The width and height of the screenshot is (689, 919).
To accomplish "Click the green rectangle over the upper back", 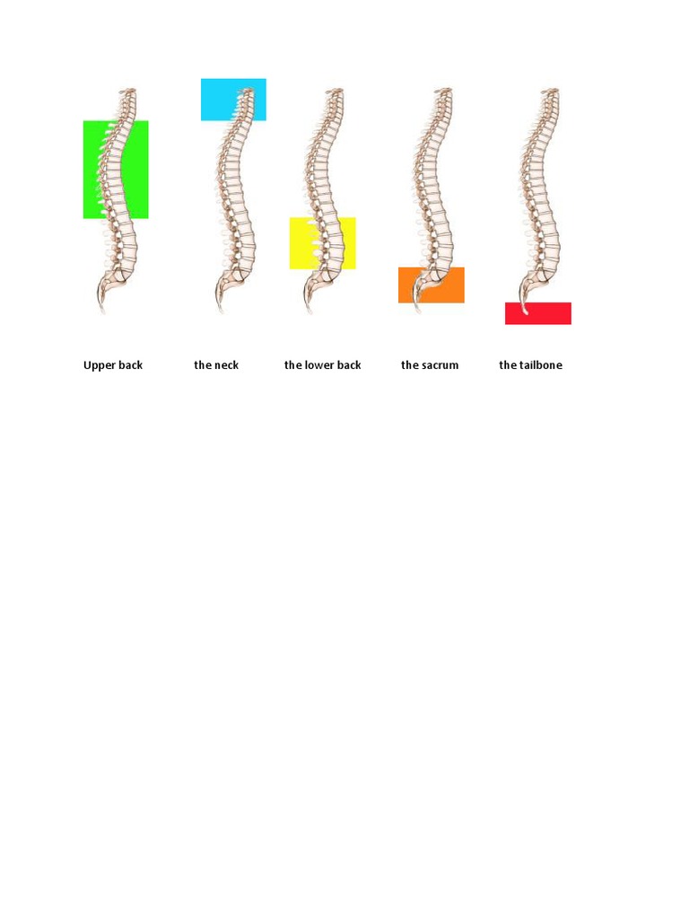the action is (x=116, y=170).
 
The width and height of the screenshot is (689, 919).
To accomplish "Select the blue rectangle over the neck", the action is (x=233, y=100).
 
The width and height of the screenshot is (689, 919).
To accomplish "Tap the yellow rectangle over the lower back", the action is (x=322, y=242).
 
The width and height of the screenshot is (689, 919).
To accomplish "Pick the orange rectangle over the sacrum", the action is (x=432, y=284).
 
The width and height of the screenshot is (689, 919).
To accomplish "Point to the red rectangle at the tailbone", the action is (x=538, y=313).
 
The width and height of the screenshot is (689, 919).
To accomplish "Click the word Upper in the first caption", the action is (x=99, y=365).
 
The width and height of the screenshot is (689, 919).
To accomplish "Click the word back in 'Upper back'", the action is (x=130, y=365).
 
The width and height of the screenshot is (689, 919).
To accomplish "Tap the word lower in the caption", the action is (x=320, y=365).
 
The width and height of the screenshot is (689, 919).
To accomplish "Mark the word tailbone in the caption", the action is (x=541, y=365).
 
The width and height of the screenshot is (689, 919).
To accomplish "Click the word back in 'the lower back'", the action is (x=349, y=365).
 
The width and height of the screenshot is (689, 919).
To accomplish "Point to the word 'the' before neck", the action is (x=202, y=365).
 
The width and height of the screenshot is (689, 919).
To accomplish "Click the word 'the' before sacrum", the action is (x=409, y=365).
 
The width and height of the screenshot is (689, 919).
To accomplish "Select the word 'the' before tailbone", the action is (x=508, y=365).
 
